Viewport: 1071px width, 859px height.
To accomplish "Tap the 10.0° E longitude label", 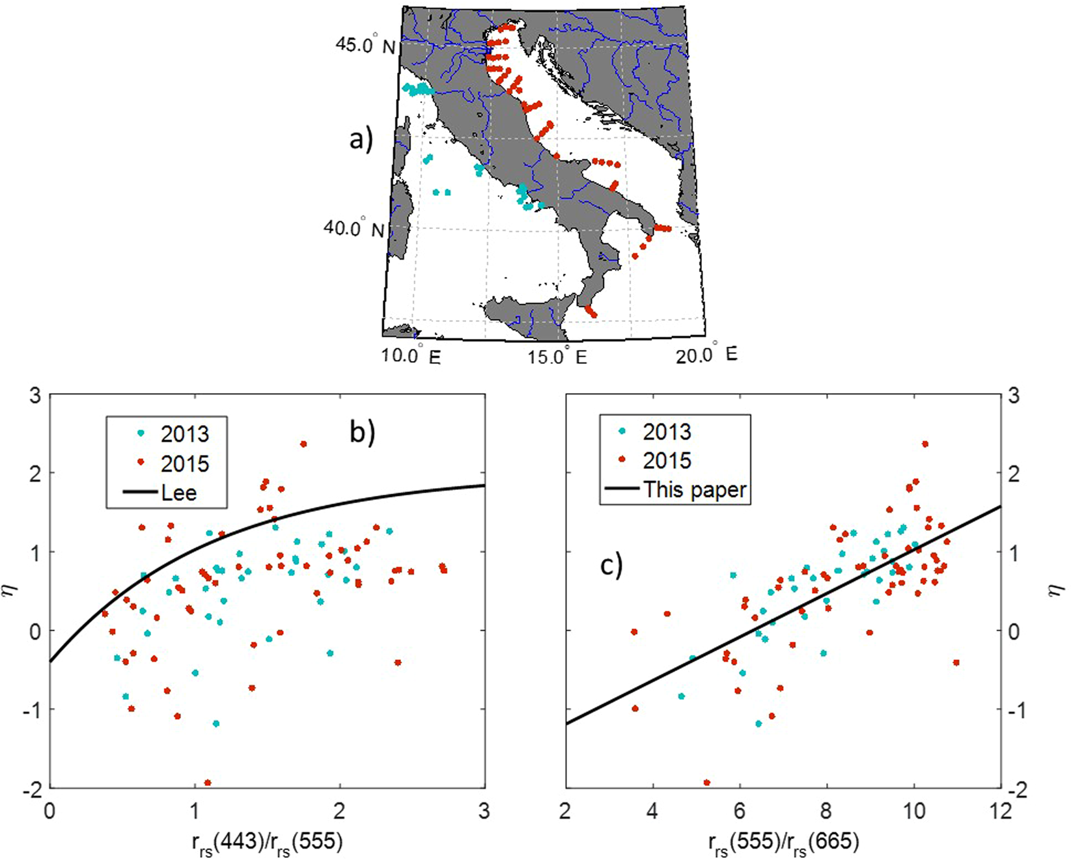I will tap(410, 356).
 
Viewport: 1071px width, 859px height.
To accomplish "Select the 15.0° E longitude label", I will tap(557, 356).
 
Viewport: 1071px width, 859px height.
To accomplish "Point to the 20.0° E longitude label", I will tap(706, 355).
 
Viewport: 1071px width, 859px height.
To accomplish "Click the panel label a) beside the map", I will tap(361, 139).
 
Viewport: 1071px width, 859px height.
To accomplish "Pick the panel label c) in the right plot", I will tap(611, 566).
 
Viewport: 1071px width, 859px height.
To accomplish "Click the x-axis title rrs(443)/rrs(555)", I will tap(267, 843).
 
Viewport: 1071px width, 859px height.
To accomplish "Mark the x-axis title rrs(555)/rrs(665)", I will tap(783, 843).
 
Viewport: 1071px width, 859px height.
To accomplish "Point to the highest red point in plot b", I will tap(303, 444).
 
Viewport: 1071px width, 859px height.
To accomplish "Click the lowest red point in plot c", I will tap(707, 783).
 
